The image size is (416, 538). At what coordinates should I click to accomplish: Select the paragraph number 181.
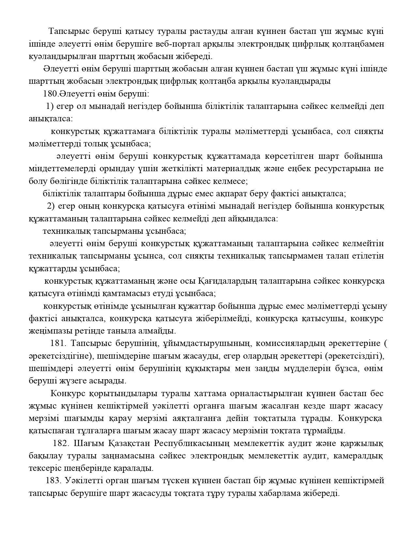pos(58,343)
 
